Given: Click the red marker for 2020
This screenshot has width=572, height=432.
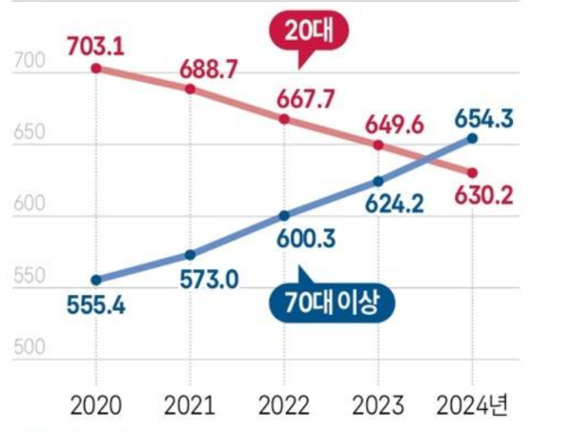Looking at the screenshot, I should (96, 69).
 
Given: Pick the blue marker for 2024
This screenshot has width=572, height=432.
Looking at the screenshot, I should (472, 138).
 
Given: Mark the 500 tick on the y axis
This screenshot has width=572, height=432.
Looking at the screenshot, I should (30, 348).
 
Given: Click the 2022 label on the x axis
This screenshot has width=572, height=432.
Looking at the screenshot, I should (284, 405).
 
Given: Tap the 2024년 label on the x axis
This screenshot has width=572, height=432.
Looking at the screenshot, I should (474, 405).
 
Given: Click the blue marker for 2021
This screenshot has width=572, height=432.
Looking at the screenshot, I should (190, 255).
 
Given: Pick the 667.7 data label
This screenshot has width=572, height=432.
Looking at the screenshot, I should (284, 98).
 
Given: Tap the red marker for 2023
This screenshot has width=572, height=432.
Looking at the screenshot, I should (378, 145).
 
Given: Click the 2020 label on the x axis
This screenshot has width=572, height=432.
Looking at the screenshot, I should (95, 405).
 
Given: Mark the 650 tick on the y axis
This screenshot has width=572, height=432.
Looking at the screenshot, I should (30, 134).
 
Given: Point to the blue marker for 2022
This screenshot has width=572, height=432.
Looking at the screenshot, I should (284, 215).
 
